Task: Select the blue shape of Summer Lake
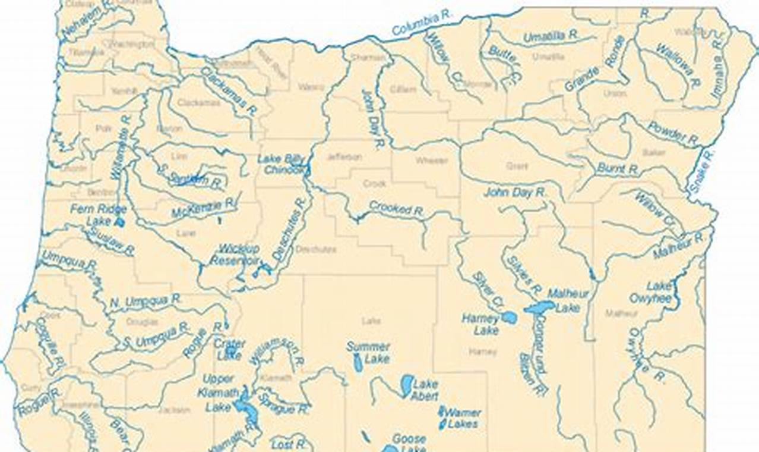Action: pyautogui.click(x=358, y=362)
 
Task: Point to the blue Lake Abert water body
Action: pyautogui.click(x=406, y=385)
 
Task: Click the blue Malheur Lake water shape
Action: pyautogui.click(x=540, y=307)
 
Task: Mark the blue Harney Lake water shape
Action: pyautogui.click(x=509, y=318)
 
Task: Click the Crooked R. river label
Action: pyautogui.click(x=396, y=208)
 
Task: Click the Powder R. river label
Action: pyautogui.click(x=672, y=134)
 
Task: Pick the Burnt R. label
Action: pyautogui.click(x=618, y=169)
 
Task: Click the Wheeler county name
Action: pyautogui.click(x=431, y=161)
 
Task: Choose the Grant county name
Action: pyautogui.click(x=517, y=166)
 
